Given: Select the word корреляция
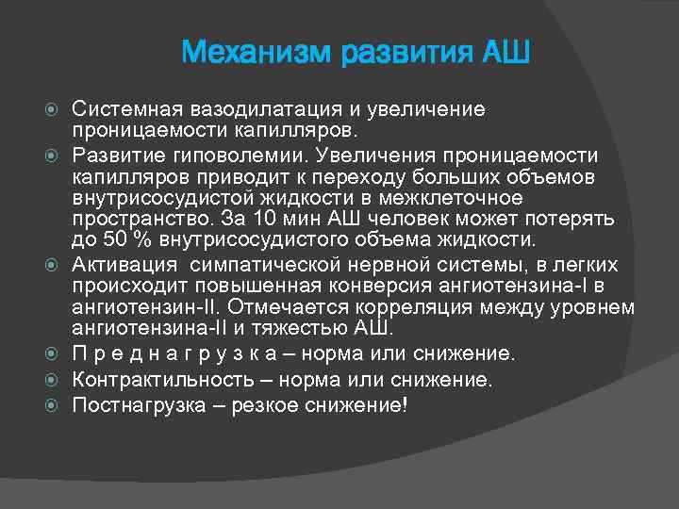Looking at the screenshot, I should click(x=419, y=307).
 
